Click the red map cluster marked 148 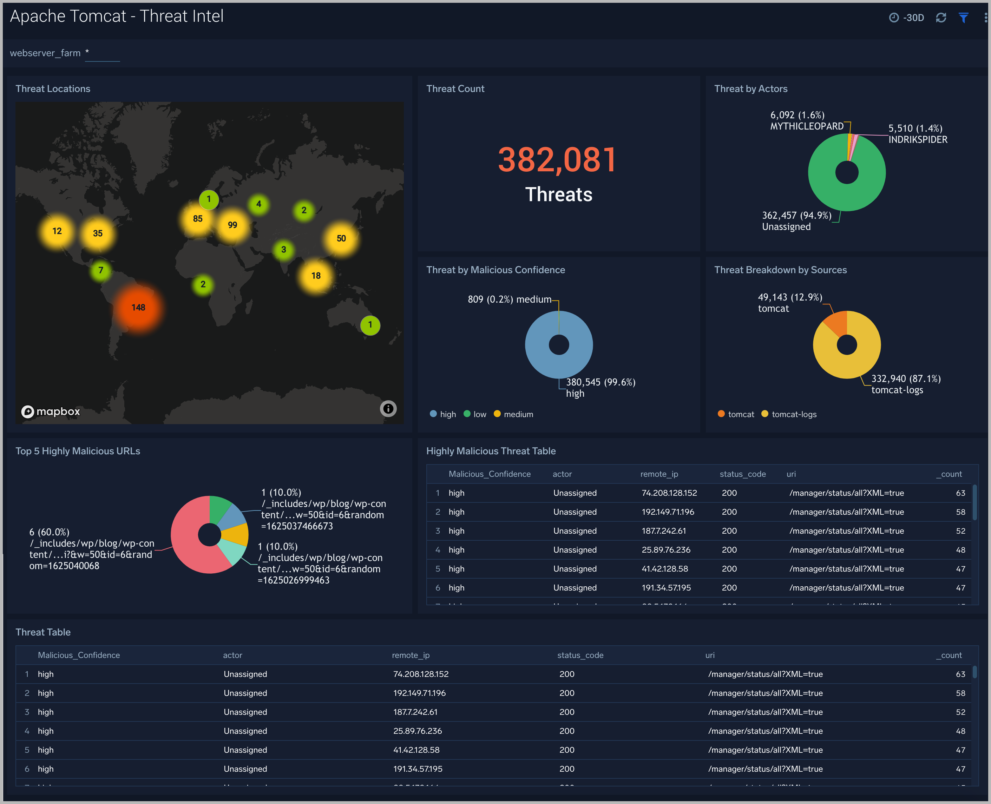138,308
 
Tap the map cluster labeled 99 232,225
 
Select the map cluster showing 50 341,238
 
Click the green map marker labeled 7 100,270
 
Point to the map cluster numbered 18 316,276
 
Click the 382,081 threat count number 557,160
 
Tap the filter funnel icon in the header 963,18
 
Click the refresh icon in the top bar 940,18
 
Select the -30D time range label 913,18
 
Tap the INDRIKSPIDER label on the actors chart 917,140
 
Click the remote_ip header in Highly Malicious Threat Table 659,474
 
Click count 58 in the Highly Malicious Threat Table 960,512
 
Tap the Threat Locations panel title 53,88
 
